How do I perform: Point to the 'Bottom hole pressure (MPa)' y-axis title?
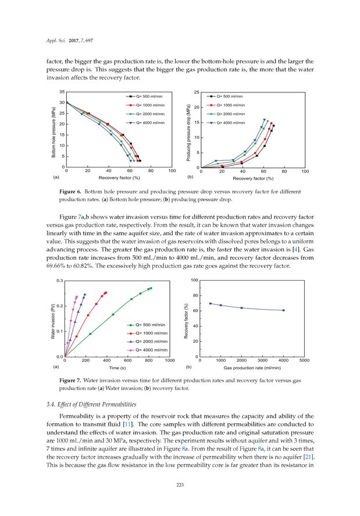54,130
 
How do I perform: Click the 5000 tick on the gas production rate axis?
304,361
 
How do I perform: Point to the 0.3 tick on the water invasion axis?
59,281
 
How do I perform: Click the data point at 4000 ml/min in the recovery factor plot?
283,310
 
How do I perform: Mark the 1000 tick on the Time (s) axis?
170,361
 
